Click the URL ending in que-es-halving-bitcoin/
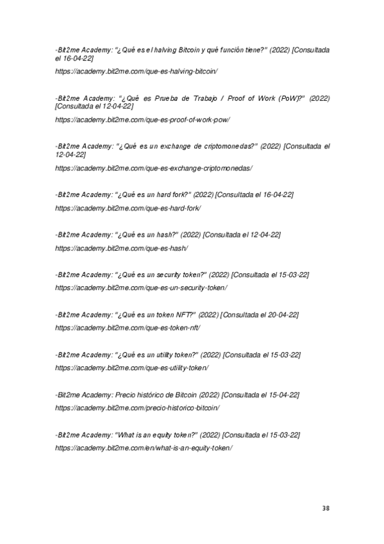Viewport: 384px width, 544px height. coord(137,70)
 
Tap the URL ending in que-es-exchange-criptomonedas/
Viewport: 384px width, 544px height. coord(154,168)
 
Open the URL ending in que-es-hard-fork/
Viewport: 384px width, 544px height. coord(128,208)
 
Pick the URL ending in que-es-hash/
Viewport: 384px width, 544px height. coord(122,248)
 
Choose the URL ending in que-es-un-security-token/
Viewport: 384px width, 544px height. coord(141,287)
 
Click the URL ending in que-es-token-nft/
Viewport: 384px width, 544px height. coord(128,327)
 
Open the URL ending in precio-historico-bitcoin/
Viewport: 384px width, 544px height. coord(138,407)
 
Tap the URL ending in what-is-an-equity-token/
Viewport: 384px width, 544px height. coord(144,447)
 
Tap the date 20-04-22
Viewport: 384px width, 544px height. coord(284,314)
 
